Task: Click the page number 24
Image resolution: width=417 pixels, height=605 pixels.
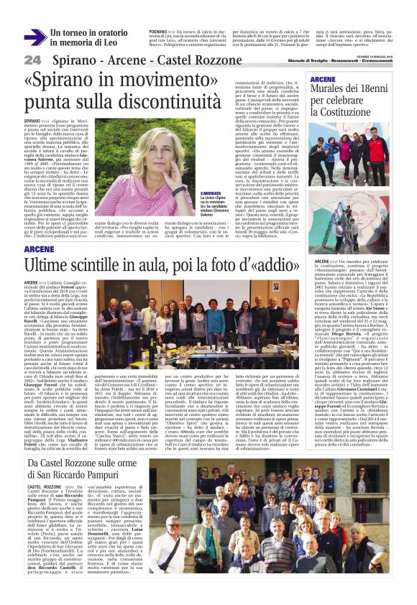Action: [32, 60]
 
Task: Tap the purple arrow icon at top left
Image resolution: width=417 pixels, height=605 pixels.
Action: [34, 37]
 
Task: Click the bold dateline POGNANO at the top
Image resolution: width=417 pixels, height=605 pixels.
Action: [159, 32]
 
